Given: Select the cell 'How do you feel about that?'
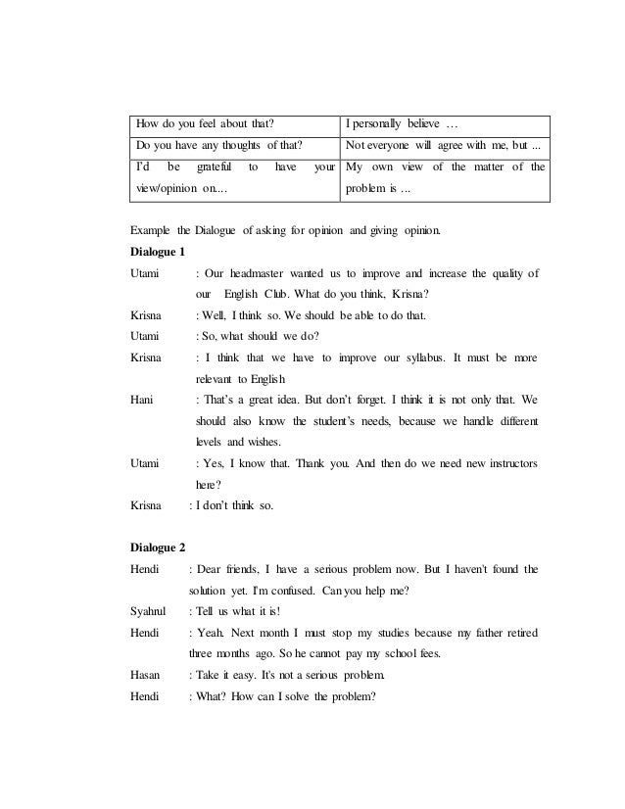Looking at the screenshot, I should coord(204,125).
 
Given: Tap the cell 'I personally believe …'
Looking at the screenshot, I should coord(402,125).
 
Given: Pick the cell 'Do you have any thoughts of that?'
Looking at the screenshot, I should coord(216,146).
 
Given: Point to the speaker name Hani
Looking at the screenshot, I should coord(141,400).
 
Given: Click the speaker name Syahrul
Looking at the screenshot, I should coord(148,611).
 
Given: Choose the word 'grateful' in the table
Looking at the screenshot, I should coord(208,167).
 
